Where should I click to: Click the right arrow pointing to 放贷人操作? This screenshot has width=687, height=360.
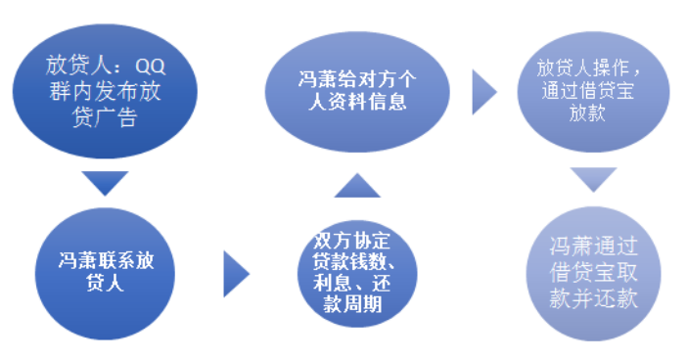[x=483, y=91]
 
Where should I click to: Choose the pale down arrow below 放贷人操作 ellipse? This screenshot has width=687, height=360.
[x=594, y=179]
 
